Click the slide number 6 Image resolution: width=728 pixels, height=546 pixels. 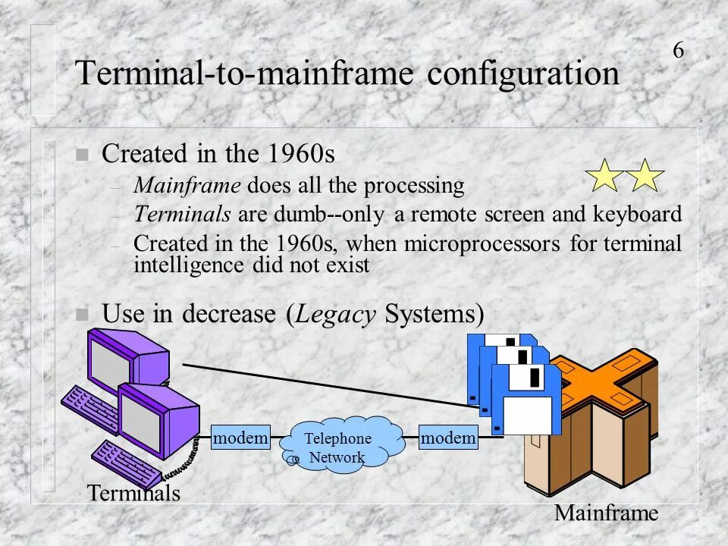pyautogui.click(x=678, y=51)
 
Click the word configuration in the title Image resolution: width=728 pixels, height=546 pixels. pyautogui.click(x=522, y=75)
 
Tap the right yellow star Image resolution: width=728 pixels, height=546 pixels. pyautogui.click(x=645, y=175)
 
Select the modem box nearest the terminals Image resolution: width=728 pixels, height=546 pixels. pyautogui.click(x=241, y=438)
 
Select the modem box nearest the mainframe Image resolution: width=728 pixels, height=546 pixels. pyautogui.click(x=448, y=438)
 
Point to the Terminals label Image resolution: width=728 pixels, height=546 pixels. pyautogui.click(x=134, y=494)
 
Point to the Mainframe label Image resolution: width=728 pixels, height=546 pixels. pyautogui.click(x=606, y=513)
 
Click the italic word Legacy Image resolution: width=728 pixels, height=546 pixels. pyautogui.click(x=336, y=313)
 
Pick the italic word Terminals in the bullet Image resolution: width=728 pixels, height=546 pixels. pyautogui.click(x=182, y=215)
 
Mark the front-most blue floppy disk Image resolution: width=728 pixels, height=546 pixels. pyautogui.click(x=526, y=399)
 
